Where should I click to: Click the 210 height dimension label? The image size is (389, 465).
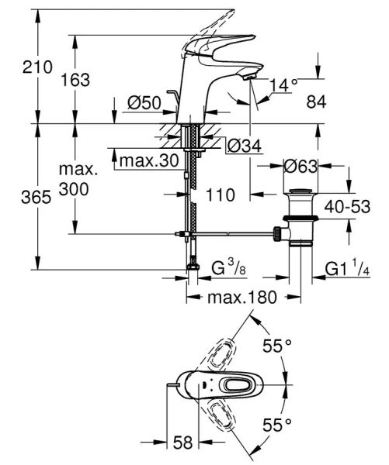17,68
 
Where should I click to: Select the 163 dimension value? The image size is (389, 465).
76,80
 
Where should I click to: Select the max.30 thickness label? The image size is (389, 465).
150,160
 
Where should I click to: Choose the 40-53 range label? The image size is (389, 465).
346,208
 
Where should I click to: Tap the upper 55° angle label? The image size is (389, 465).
276,347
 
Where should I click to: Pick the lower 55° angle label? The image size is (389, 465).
276,424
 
